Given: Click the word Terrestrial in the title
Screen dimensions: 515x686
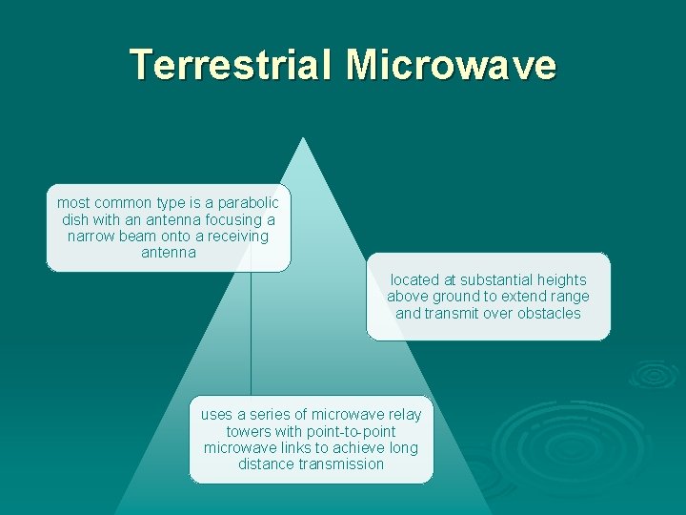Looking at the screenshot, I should [232, 64].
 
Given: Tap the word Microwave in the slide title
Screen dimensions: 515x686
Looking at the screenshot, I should [452, 64].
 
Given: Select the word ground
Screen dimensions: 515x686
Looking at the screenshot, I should [457, 297].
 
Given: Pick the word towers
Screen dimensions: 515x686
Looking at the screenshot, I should [249, 431].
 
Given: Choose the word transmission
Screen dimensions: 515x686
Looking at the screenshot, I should [341, 464].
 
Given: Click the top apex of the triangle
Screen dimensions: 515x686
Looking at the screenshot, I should [302, 138].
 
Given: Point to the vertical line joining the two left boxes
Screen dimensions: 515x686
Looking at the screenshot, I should [251, 334].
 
